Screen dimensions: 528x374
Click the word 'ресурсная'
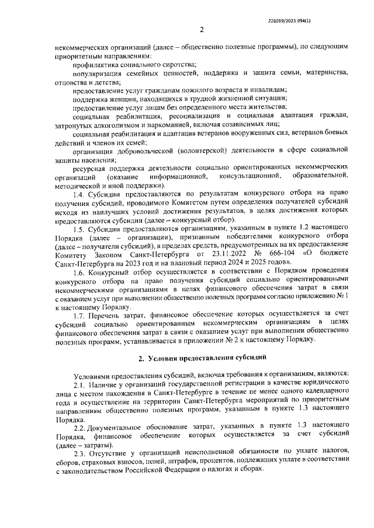point(90,167)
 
